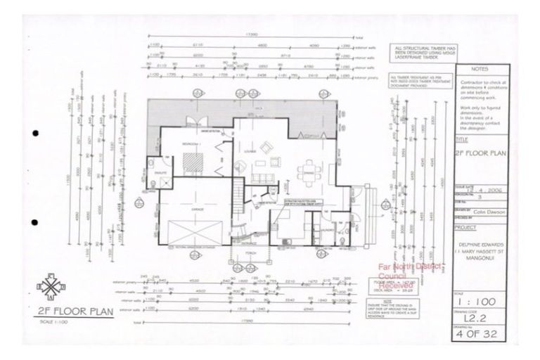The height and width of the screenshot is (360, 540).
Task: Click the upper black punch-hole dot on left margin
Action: pyautogui.click(x=35, y=133)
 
